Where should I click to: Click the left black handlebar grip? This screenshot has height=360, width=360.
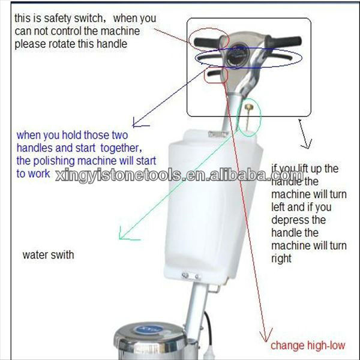pos(207,42)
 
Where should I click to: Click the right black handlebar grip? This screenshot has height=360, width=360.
pos(284,41)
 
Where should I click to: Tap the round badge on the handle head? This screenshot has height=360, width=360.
pos(237,55)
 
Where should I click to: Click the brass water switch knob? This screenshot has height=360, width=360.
pos(248,106)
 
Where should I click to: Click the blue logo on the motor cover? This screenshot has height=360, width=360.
pos(149,330)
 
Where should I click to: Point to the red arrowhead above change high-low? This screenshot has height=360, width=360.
pos(266,335)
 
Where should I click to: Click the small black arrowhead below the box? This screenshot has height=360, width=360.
pos(307,144)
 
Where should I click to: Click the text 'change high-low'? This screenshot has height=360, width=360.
pos(308,346)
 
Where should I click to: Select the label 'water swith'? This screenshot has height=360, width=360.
pos(48,255)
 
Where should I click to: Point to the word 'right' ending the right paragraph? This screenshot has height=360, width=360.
pos(281,259)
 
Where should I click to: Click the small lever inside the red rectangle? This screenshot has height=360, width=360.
pos(214,73)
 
